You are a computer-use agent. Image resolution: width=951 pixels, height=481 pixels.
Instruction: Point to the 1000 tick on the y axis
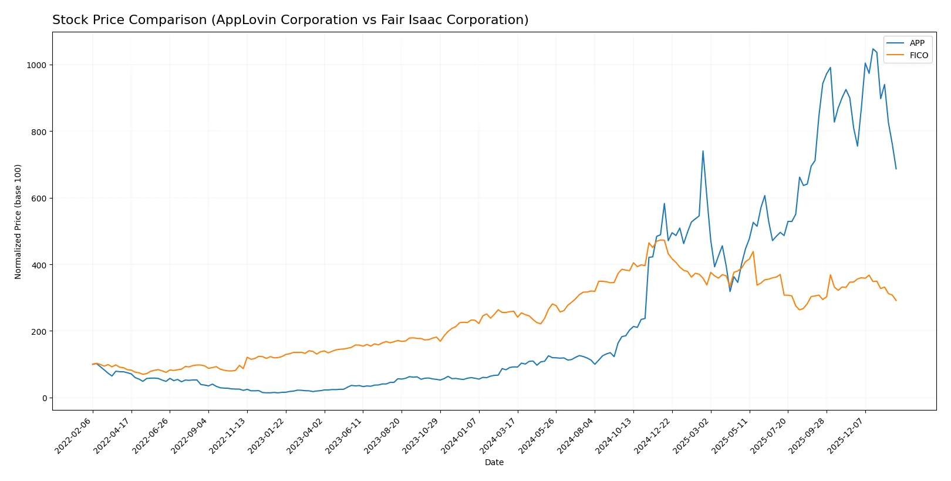click(x=36, y=65)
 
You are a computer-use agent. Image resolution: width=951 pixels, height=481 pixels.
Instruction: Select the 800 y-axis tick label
click(x=39, y=132)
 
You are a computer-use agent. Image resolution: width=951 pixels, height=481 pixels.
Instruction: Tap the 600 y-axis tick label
click(x=39, y=199)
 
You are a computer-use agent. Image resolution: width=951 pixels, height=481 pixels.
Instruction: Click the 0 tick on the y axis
click(x=44, y=398)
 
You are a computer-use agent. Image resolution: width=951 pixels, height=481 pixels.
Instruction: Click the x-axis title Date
click(x=494, y=462)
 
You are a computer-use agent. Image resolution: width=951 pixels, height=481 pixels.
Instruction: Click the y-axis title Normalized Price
click(x=18, y=221)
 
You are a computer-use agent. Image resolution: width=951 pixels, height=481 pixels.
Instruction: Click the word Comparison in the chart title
click(x=170, y=20)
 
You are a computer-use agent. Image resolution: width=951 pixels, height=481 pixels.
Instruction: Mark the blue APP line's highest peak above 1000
click(x=873, y=49)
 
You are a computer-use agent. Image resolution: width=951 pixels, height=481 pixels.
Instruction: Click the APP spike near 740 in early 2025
click(x=703, y=151)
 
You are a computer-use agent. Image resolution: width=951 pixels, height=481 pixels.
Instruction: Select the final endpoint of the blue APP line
click(x=896, y=169)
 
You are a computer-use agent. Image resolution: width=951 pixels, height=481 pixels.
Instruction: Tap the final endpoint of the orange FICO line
click(x=896, y=301)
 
